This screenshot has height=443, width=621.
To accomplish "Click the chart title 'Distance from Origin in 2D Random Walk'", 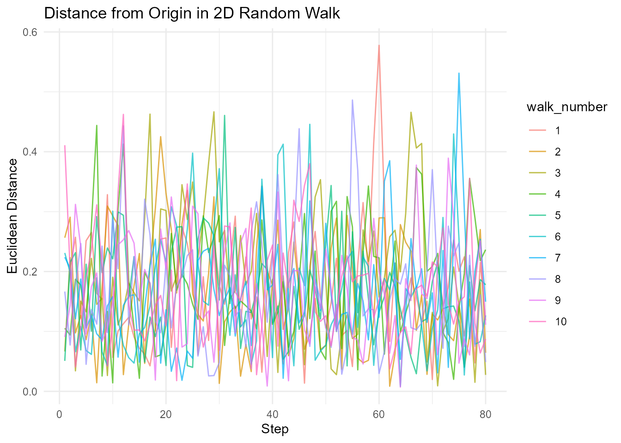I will [192, 13].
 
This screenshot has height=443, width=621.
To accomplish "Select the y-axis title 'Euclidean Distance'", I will [13, 216].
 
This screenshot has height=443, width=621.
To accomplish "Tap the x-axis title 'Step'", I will [275, 429].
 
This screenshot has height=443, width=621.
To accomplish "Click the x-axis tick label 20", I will [166, 414].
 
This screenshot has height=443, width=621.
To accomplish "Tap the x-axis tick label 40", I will [273, 414].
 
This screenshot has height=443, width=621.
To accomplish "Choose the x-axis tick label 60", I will [379, 414].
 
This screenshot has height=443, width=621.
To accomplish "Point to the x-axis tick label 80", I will [486, 414].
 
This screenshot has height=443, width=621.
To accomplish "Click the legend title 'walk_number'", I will [567, 107].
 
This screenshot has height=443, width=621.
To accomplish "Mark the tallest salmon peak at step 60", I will [379, 45].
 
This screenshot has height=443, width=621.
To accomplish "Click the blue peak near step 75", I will [459, 73].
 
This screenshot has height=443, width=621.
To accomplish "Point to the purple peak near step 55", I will [352, 100].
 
